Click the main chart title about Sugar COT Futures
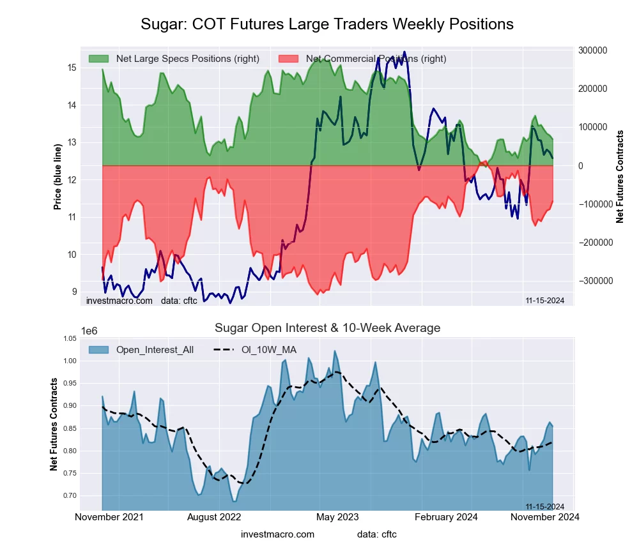tap(327, 24)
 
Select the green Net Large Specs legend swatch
tap(99, 59)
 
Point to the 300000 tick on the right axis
tap(592, 50)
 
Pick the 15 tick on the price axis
tap(72, 68)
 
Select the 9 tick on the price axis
tap(73, 292)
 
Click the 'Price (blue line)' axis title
tap(58, 177)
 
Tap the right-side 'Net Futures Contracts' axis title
tap(619, 177)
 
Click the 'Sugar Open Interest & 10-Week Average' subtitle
tap(327, 328)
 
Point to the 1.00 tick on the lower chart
tap(69, 361)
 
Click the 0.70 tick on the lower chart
tap(69, 495)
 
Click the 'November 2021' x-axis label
tap(109, 517)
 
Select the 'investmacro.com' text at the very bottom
tap(277, 534)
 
